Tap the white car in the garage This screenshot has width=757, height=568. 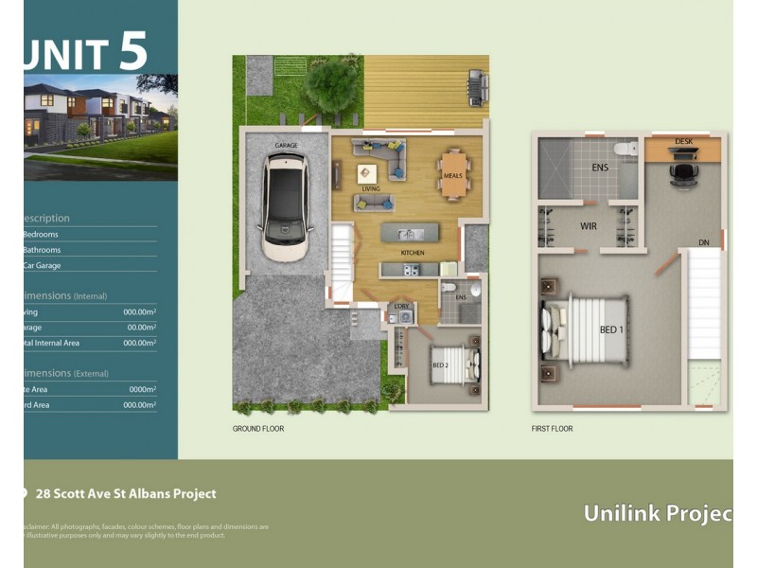tap(287, 206)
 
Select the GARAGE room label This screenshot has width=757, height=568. tap(287, 146)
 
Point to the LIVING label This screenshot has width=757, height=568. tap(371, 189)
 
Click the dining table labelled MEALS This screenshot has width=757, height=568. tap(453, 175)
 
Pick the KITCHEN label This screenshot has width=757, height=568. tap(412, 254)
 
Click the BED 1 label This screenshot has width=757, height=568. tap(611, 329)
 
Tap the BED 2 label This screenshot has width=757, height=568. tap(440, 365)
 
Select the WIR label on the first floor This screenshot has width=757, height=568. tap(588, 227)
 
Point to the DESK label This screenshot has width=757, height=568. tap(683, 142)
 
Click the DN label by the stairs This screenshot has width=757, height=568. tap(704, 243)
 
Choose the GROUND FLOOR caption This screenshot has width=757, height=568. tap(258, 429)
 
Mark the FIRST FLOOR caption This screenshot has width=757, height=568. tap(552, 429)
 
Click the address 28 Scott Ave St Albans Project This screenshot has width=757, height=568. tap(125, 494)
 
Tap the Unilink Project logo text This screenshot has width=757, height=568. tap(657, 514)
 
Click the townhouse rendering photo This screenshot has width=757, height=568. tap(99, 126)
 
